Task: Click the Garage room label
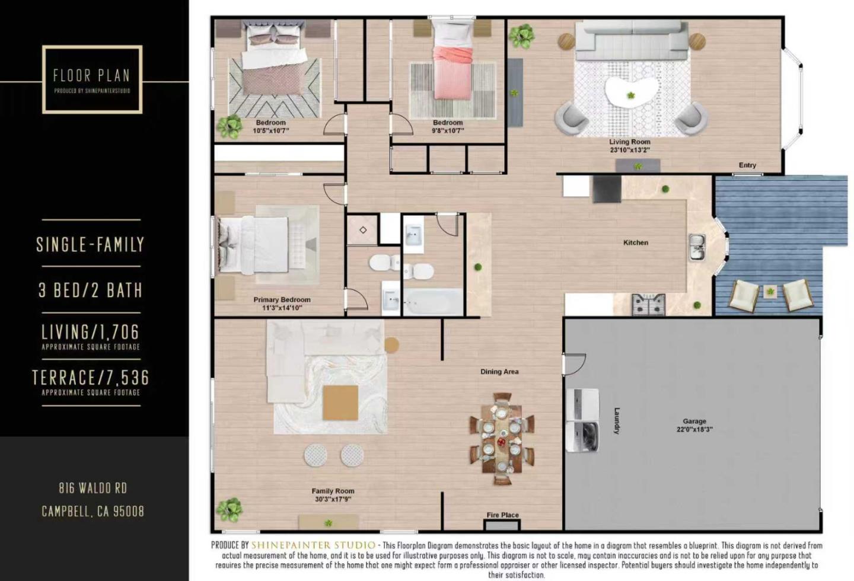pos(694,422)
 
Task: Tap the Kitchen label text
pos(635,242)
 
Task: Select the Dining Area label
pos(499,372)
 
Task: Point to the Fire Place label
pos(502,515)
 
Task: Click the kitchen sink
pos(697,247)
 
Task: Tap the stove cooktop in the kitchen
pos(648,305)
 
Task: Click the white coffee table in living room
pos(632,92)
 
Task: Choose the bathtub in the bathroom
pos(432,302)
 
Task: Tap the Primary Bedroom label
pos(282,300)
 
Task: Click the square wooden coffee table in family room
pos(340,403)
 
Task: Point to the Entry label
pos(747,165)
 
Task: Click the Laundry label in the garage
pos(617,421)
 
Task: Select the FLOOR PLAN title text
pos(91,75)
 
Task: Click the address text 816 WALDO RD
pos(93,488)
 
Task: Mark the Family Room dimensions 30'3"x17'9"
pos(333,499)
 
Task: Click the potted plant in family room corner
pos(229,509)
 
